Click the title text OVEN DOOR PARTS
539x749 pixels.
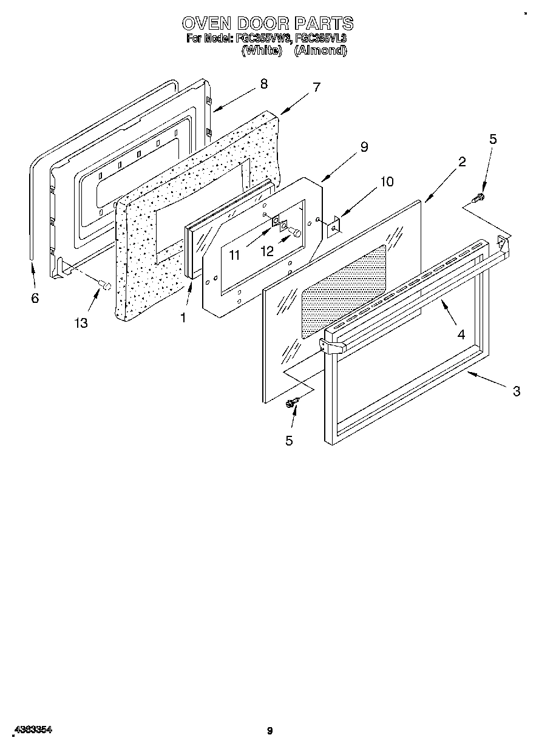point(268,23)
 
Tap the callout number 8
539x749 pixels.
point(263,84)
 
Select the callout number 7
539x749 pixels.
point(316,87)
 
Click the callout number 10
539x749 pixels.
point(387,181)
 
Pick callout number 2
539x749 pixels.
point(462,161)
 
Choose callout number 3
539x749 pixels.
point(516,391)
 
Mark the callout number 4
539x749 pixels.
point(461,334)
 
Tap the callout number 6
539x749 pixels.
point(35,298)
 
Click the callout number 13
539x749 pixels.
point(81,323)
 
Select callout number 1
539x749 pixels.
point(183,317)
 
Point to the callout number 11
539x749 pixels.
point(234,256)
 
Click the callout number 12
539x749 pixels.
point(267,251)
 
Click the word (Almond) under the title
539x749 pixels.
point(320,51)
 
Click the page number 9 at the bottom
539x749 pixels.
point(269,731)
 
